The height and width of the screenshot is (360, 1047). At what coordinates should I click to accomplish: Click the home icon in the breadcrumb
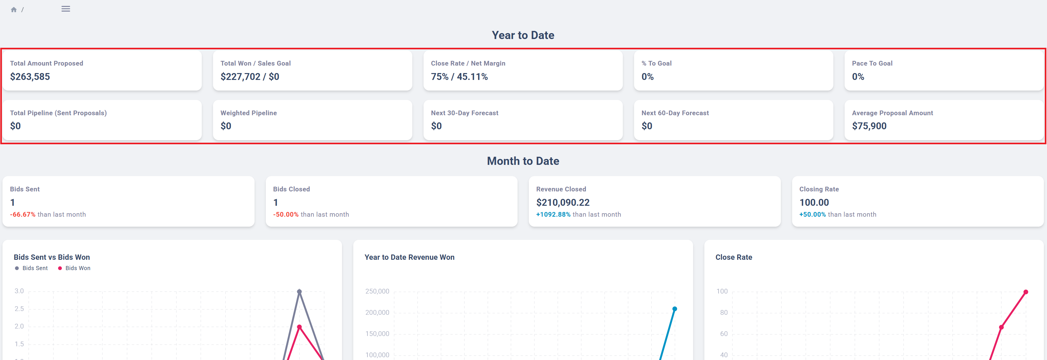tap(14, 9)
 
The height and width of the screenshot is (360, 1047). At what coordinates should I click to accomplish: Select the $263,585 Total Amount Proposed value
tap(30, 77)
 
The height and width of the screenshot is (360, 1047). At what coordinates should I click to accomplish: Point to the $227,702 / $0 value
tap(250, 77)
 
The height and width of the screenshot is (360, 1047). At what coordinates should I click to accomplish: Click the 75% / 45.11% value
tap(459, 77)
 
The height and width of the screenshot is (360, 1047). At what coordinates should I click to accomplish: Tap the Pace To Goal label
tap(872, 63)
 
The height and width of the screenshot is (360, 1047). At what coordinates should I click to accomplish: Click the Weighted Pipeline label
tap(249, 113)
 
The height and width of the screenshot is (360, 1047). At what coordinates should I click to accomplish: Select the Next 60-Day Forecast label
tap(675, 113)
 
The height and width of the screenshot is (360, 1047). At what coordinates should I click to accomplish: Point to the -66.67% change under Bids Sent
tap(23, 215)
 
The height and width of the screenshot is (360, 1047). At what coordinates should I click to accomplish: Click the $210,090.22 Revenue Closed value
tap(563, 203)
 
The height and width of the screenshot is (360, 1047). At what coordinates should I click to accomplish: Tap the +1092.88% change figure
tap(553, 215)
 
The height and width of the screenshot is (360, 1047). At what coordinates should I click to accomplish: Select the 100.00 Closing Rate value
tap(814, 203)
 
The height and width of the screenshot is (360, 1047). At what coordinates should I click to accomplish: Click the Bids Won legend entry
tap(74, 268)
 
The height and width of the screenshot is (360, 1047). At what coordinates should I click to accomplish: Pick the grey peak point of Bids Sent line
tap(300, 292)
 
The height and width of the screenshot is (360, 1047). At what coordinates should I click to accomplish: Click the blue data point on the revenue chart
tap(675, 309)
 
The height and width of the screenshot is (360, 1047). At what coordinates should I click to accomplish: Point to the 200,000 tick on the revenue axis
tap(377, 313)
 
